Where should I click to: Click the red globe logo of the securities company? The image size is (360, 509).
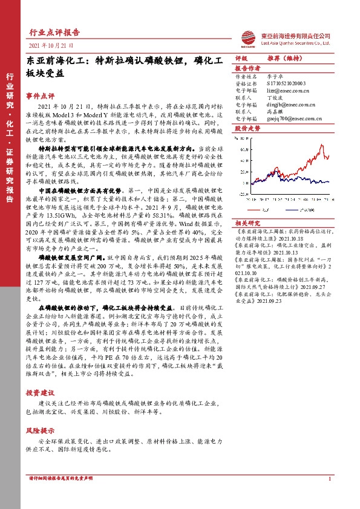coord(249,38)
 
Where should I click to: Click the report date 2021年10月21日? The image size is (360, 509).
coord(50,45)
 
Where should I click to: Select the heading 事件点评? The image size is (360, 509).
coord(40,96)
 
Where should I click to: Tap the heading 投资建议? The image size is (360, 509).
coord(40,393)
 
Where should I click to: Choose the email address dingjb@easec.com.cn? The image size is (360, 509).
coord(286,103)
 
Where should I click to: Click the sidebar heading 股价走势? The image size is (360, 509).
coord(247,128)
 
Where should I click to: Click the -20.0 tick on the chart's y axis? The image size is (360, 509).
coord(244,195)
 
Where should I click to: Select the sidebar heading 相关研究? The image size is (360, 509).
coord(247,223)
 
